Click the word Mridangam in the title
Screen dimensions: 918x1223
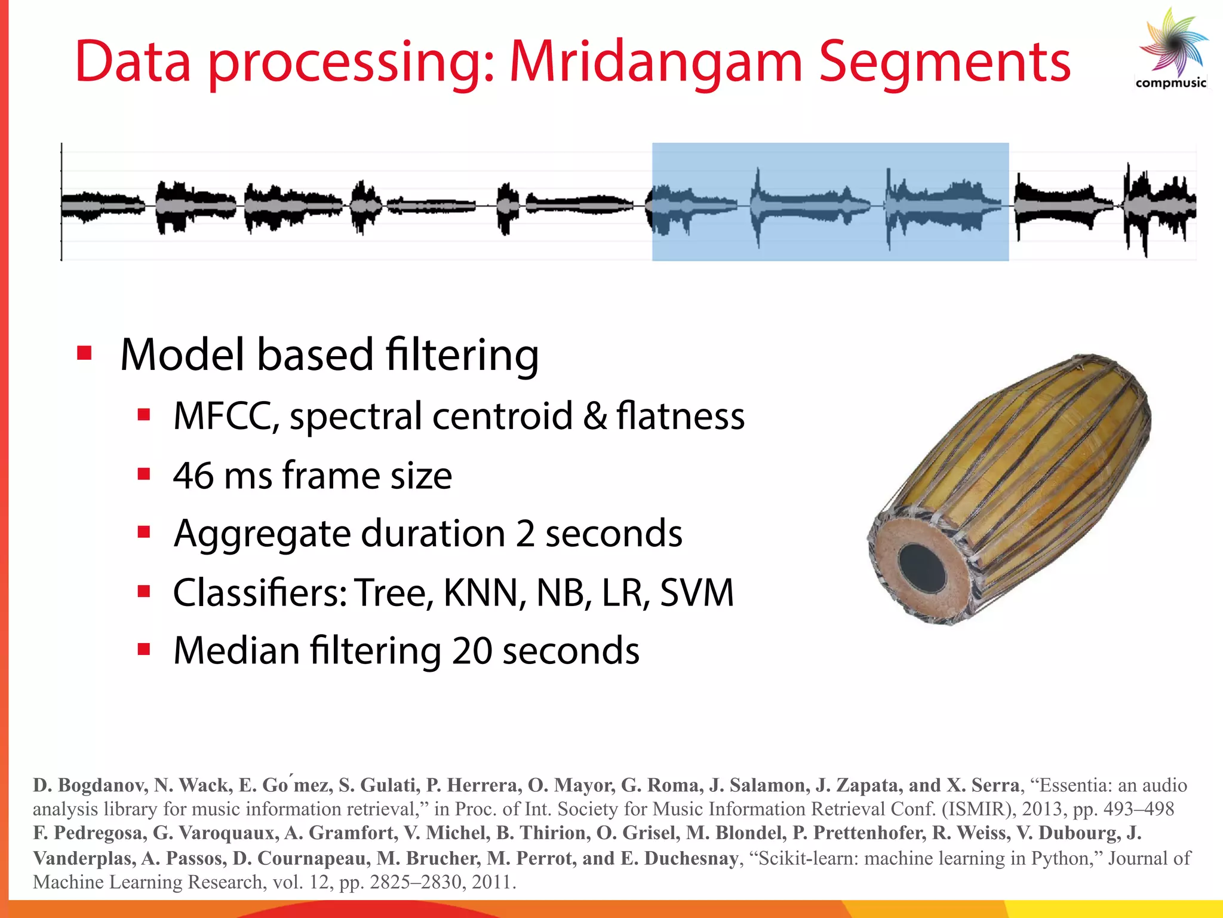pyautogui.click(x=656, y=62)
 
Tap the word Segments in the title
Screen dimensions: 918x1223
pyautogui.click(x=945, y=62)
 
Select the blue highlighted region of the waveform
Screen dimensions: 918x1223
pyautogui.click(x=830, y=202)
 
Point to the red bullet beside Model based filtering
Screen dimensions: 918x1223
pyautogui.click(x=84, y=353)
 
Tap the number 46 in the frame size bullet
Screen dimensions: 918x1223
pyautogui.click(x=193, y=475)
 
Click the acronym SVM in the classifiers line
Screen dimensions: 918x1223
pyautogui.click(x=696, y=593)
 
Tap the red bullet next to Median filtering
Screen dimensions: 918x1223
pyautogui.click(x=143, y=650)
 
